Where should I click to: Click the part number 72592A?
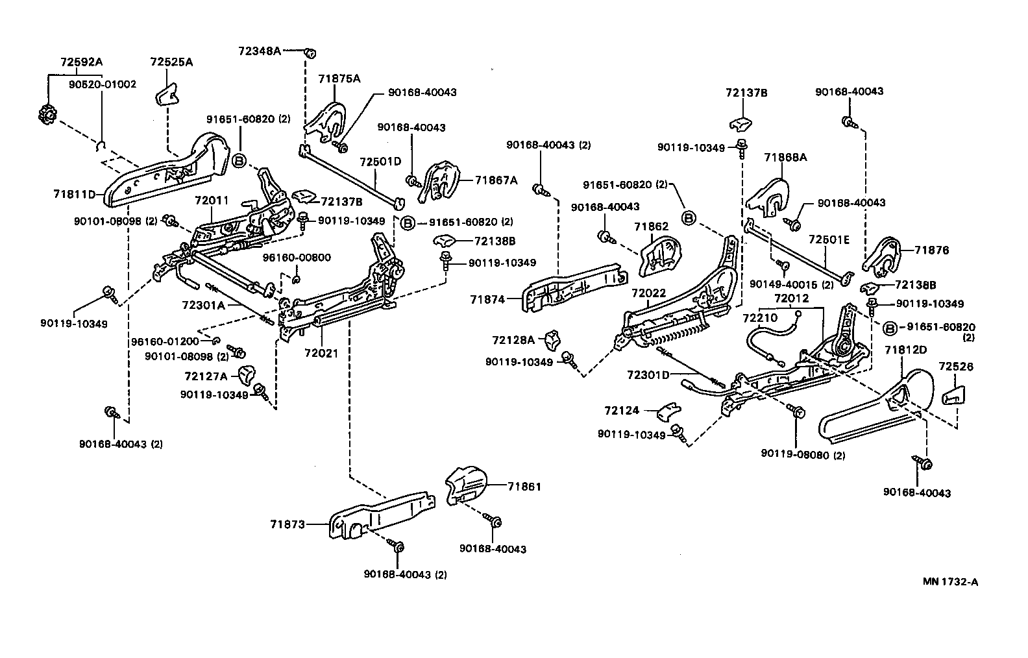click(81, 62)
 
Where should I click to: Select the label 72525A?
click(171, 62)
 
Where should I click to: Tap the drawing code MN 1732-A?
click(950, 581)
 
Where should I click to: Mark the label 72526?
click(955, 367)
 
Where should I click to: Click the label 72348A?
click(260, 51)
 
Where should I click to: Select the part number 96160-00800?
click(297, 258)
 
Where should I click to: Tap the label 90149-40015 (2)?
click(791, 284)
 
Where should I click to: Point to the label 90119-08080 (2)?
click(803, 455)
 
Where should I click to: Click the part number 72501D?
click(381, 160)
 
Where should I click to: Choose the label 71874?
click(487, 299)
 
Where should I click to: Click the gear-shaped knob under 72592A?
click(46, 116)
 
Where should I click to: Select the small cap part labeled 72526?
click(953, 394)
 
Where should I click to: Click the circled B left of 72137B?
click(239, 160)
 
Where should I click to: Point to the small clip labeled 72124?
click(668, 411)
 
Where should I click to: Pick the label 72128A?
click(513, 339)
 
